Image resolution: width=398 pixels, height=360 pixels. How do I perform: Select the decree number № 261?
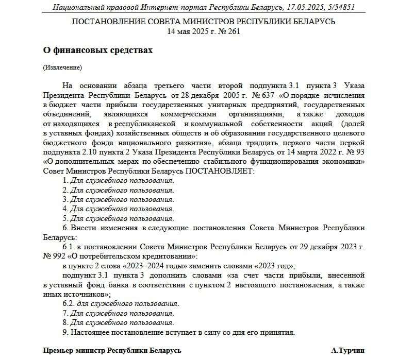point(227,31)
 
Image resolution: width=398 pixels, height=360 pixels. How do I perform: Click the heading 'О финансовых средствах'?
point(98,50)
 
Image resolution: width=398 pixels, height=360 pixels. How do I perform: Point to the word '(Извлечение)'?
point(62,67)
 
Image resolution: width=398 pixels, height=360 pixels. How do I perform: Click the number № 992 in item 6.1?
point(54,256)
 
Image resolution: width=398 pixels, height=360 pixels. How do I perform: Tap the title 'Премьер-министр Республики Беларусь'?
point(112,350)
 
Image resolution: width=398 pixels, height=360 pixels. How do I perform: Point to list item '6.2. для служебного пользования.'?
point(121,303)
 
